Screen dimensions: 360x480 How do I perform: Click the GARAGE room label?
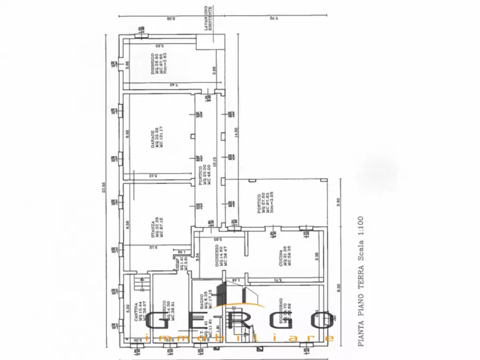[153, 138]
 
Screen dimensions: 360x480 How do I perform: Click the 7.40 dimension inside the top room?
[173, 85]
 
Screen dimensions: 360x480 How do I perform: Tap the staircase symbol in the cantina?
[141, 279]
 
